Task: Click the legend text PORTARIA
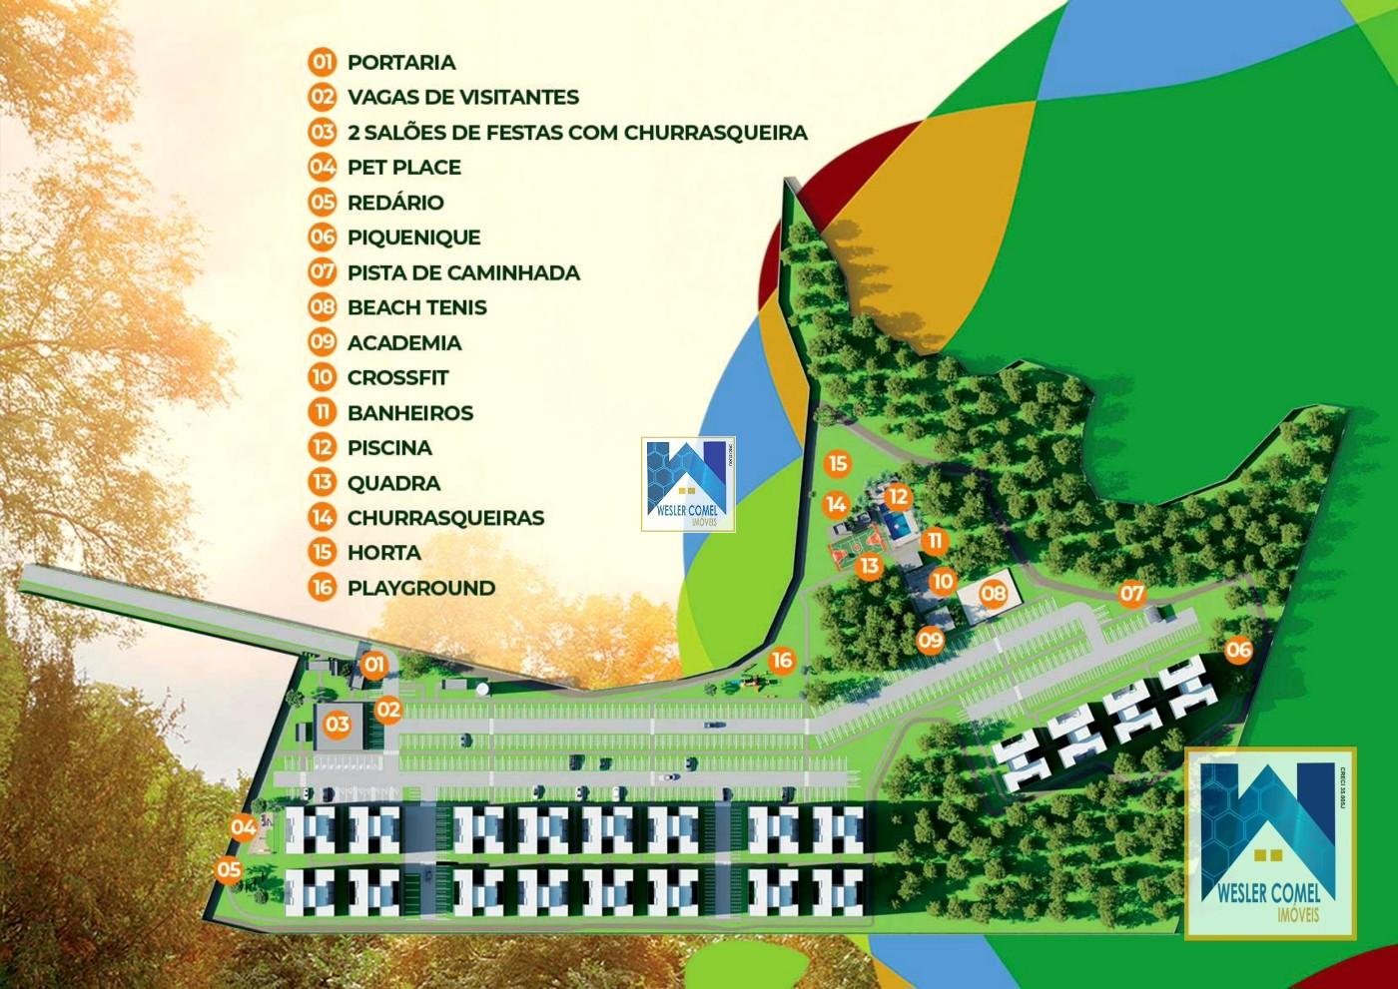tap(401, 62)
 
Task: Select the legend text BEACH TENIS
tap(416, 307)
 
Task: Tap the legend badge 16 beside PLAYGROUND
tap(322, 587)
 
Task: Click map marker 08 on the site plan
tap(993, 595)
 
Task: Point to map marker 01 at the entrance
tap(373, 663)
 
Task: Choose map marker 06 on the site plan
tap(1238, 650)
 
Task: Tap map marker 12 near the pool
tap(898, 496)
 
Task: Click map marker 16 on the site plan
tap(782, 659)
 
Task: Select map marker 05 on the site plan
tap(230, 869)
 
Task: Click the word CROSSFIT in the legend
tap(397, 377)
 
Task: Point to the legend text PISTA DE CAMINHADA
tap(463, 272)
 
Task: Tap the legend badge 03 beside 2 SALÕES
tap(322, 132)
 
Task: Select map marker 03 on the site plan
tap(338, 724)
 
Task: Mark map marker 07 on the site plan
tap(1131, 594)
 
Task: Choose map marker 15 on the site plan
tap(837, 463)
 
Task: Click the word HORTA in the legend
tap(383, 552)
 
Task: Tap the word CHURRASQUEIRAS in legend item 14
tap(445, 517)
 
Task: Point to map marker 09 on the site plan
tap(931, 639)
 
